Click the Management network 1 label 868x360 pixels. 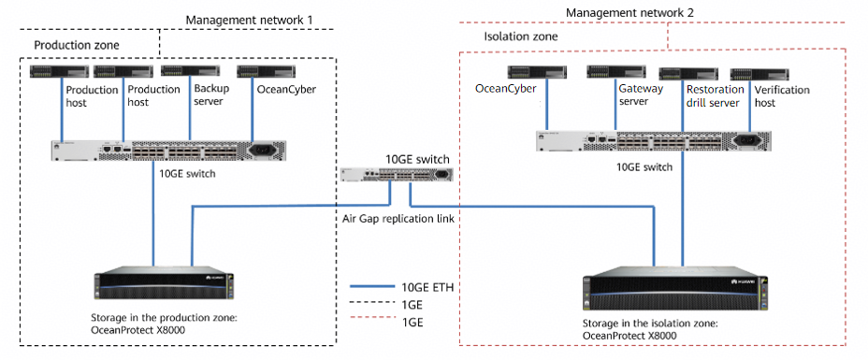[x=249, y=20]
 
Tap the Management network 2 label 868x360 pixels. [x=630, y=12]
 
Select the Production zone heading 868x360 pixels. [x=77, y=45]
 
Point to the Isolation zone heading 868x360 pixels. [x=521, y=37]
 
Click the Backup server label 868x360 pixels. [x=211, y=94]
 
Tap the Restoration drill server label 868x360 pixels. [x=715, y=95]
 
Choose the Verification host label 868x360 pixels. [x=782, y=96]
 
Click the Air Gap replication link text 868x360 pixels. [x=398, y=219]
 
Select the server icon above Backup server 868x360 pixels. [x=191, y=71]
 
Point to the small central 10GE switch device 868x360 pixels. [x=398, y=174]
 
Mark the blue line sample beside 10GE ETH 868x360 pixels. [x=371, y=286]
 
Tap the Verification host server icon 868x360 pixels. [x=760, y=74]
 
